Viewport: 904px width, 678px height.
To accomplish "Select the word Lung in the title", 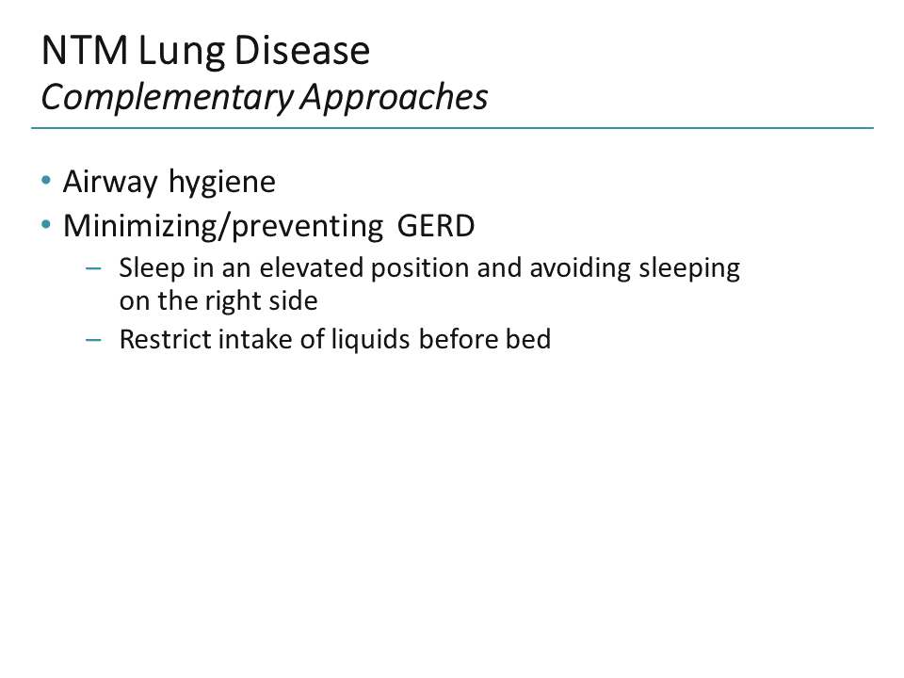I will click(165, 51).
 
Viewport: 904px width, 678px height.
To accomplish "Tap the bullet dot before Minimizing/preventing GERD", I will click(47, 227).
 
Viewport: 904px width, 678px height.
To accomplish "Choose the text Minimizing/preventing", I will click(222, 228).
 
